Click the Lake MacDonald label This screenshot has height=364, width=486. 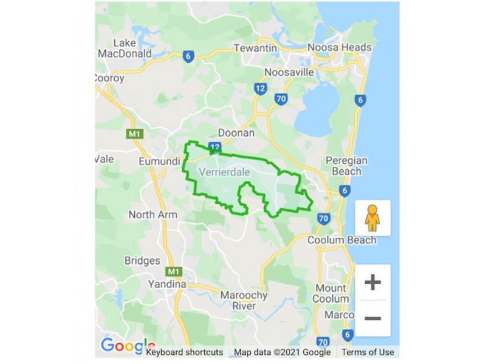[x=132, y=48]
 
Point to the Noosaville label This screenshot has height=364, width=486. [x=289, y=73]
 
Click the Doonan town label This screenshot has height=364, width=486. [x=236, y=133]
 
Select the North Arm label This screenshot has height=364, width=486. [x=153, y=215]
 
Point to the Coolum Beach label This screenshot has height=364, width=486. [x=341, y=240]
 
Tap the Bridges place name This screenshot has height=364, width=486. [x=142, y=261]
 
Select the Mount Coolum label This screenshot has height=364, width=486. [x=331, y=294]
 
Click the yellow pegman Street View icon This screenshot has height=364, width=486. [x=372, y=217]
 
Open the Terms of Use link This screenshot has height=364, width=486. [x=368, y=352]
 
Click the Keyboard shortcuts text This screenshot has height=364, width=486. [x=185, y=352]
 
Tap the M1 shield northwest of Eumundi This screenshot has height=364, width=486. [x=134, y=133]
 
